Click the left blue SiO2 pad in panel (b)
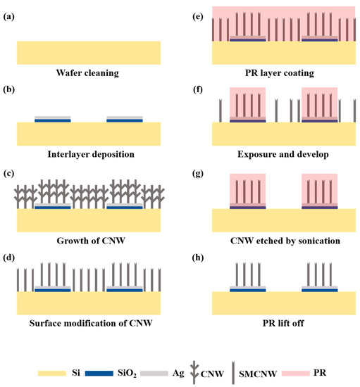pos(53,120)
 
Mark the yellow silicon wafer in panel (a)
pos(88,52)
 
